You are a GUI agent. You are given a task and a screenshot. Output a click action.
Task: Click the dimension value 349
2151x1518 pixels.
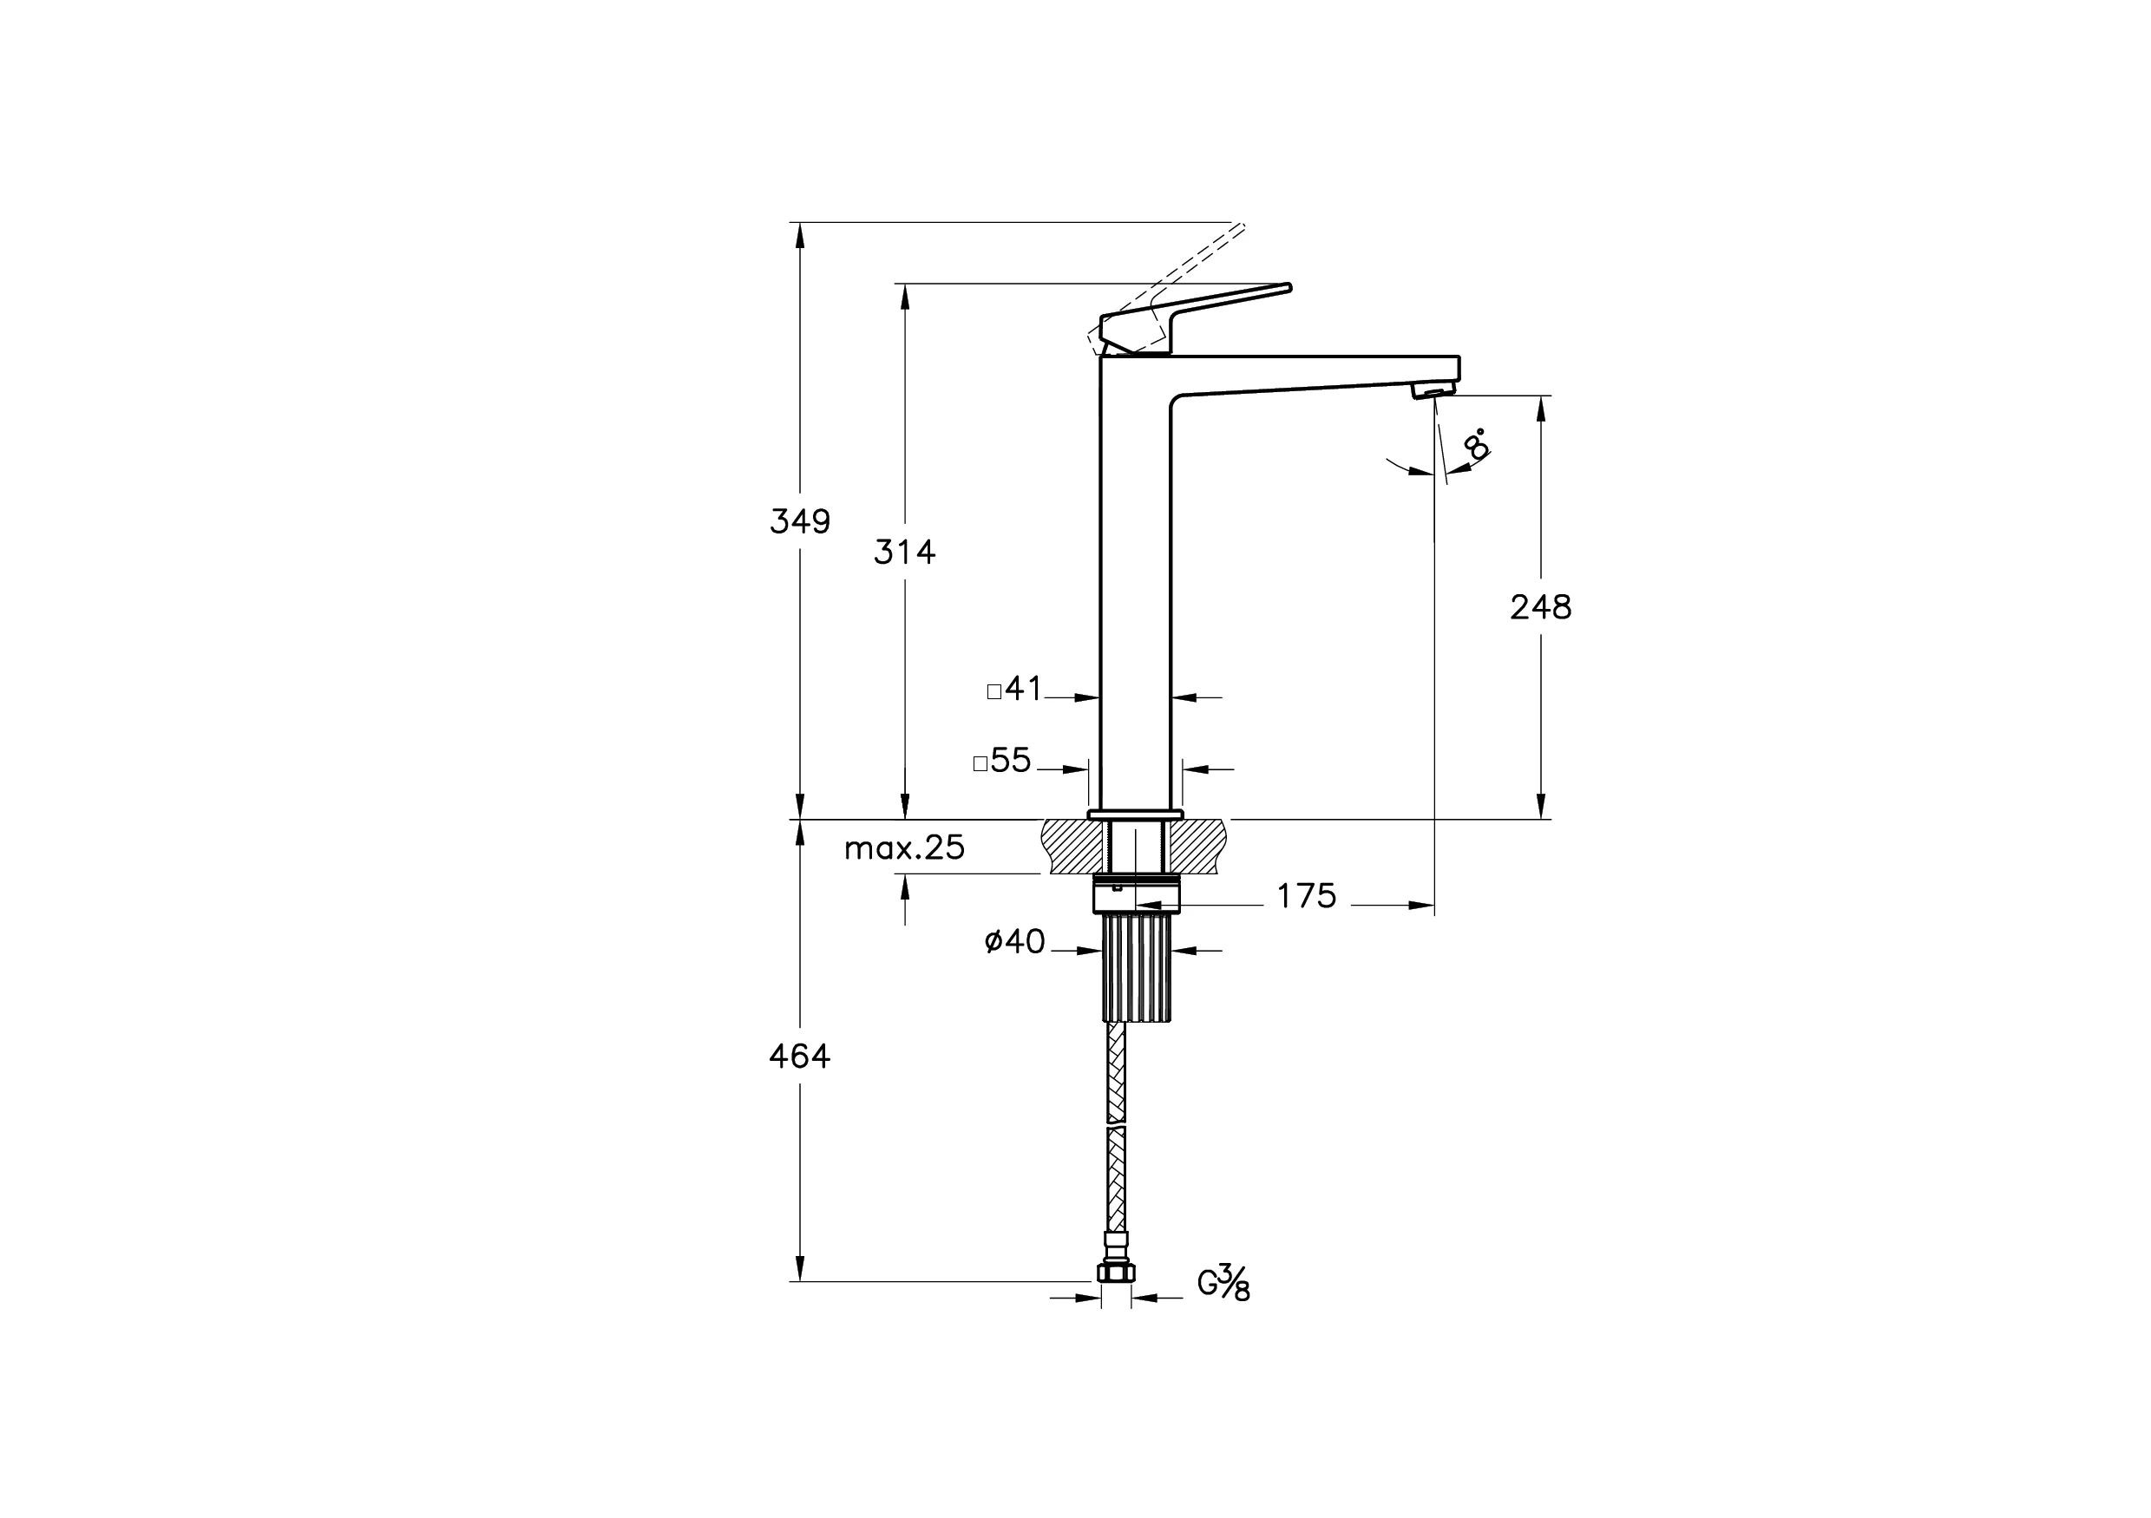(799, 521)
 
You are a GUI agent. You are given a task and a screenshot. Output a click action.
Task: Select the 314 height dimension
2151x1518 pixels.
(904, 553)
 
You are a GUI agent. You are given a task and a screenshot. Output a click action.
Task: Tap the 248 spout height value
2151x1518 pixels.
(1540, 608)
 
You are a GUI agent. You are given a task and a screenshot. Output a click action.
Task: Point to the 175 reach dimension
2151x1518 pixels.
(1306, 897)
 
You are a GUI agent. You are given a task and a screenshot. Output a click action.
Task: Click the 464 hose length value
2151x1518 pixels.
(799, 1057)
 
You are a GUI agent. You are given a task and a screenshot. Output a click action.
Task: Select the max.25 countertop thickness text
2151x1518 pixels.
(904, 848)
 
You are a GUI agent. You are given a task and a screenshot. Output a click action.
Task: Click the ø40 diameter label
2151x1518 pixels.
(1014, 942)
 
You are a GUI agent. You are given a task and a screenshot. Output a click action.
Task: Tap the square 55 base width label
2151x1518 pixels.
(1002, 761)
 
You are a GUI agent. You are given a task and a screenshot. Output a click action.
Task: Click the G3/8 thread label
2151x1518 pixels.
(1223, 1284)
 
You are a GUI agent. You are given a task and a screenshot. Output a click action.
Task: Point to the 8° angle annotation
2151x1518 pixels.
(1478, 444)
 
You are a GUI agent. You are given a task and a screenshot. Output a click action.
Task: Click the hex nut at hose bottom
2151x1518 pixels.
(1115, 1272)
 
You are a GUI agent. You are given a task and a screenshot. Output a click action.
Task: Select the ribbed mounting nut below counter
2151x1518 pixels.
(1138, 968)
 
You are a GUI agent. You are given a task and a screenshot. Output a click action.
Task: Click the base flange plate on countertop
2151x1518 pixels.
(1135, 814)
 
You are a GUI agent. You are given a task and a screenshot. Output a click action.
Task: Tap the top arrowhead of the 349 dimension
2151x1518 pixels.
(799, 234)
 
